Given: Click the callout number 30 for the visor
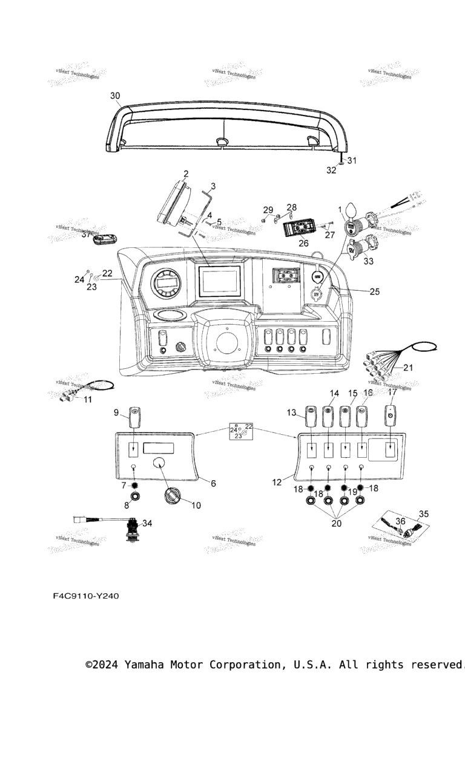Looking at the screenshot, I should click(x=115, y=96).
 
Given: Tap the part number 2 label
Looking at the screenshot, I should click(x=186, y=174).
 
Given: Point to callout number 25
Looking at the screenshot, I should click(x=375, y=291).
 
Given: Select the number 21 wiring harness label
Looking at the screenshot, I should click(x=408, y=368).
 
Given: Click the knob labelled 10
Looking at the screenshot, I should click(x=172, y=497).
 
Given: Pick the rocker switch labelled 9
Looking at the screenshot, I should click(x=134, y=417).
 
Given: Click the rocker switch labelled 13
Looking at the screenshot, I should click(x=311, y=416).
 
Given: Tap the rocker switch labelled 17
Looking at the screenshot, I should click(x=391, y=417).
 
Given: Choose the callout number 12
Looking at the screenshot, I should click(x=277, y=482).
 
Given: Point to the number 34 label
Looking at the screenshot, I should click(x=148, y=523).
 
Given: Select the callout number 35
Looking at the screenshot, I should click(x=424, y=514).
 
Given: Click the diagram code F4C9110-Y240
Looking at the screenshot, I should click(x=86, y=596).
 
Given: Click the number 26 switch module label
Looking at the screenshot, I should click(x=303, y=244).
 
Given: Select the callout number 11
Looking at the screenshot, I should click(x=88, y=400).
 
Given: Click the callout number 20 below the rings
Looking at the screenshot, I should click(x=337, y=524).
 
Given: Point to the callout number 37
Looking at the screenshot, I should click(x=86, y=235).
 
